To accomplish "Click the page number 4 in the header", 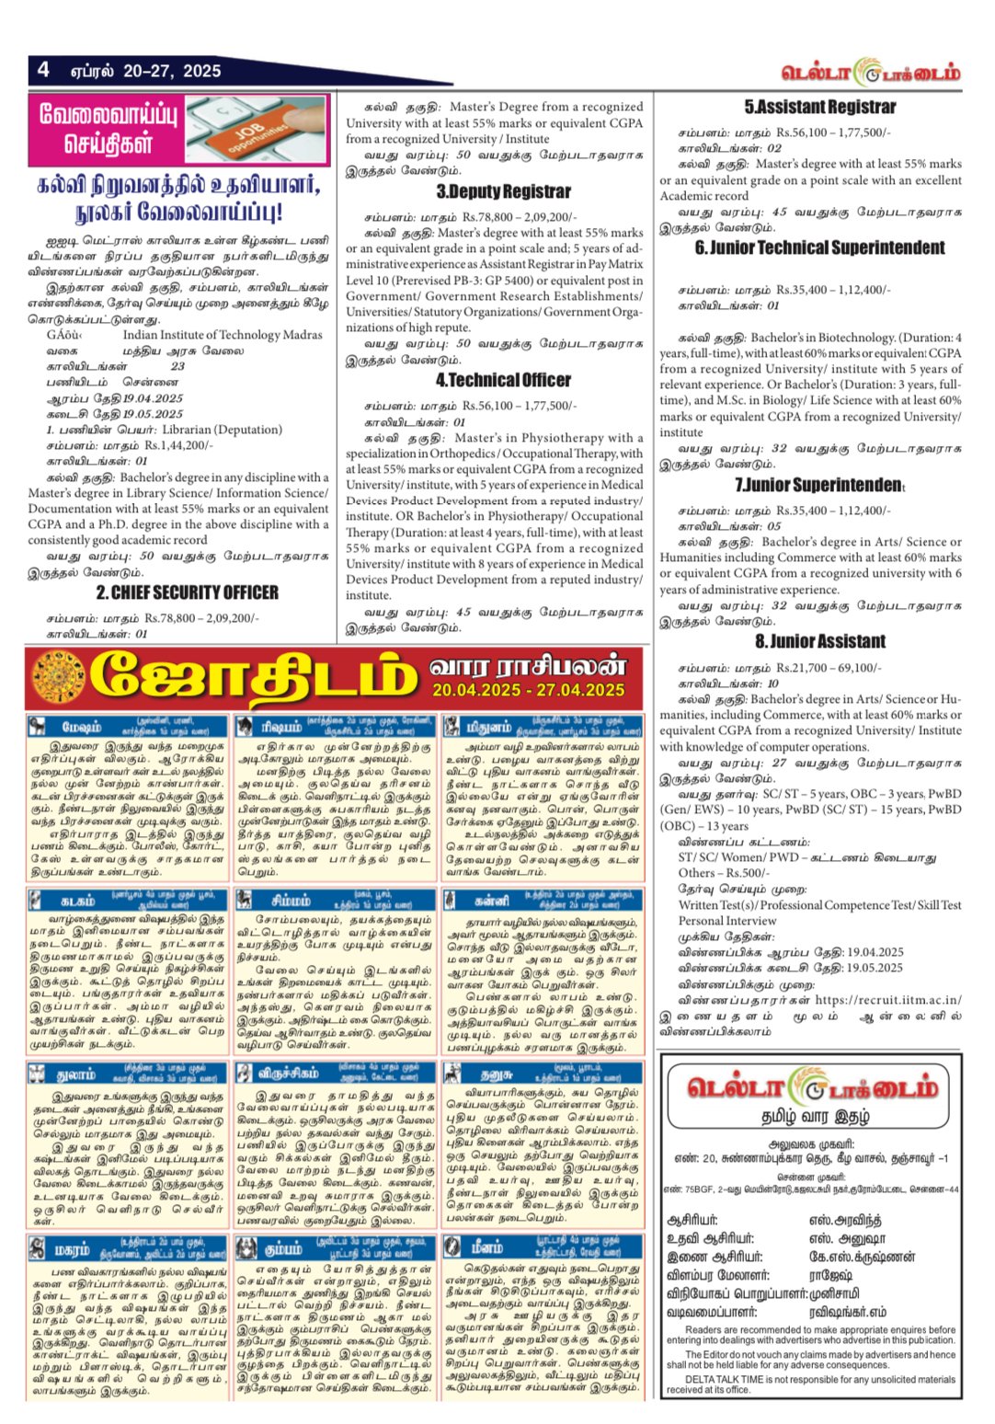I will click(x=43, y=70).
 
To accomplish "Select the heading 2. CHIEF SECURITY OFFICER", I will click(x=187, y=592).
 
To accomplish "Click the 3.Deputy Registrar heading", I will click(x=503, y=191).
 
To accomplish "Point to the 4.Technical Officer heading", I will click(x=503, y=380).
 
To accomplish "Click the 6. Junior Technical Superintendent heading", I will click(x=819, y=247).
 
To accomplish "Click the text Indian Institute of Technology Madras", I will click(x=223, y=335).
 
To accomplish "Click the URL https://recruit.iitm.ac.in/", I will click(x=888, y=1000).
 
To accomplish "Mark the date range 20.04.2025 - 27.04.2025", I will click(x=528, y=690).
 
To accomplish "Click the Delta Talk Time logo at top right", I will click(x=870, y=73).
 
